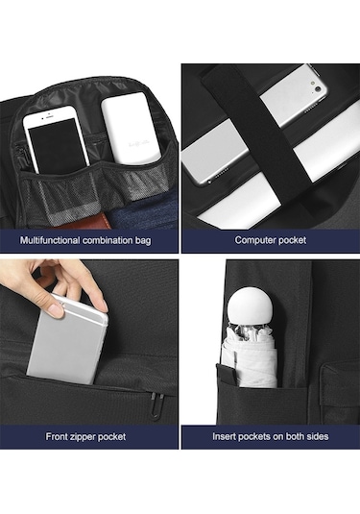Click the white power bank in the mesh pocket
131,129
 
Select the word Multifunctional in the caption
50,240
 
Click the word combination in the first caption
108,240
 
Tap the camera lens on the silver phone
318,88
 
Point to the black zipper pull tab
156,405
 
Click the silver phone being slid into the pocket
67,341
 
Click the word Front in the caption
57,436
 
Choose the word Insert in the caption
224,436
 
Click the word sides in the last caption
318,436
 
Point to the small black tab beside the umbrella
227,373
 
